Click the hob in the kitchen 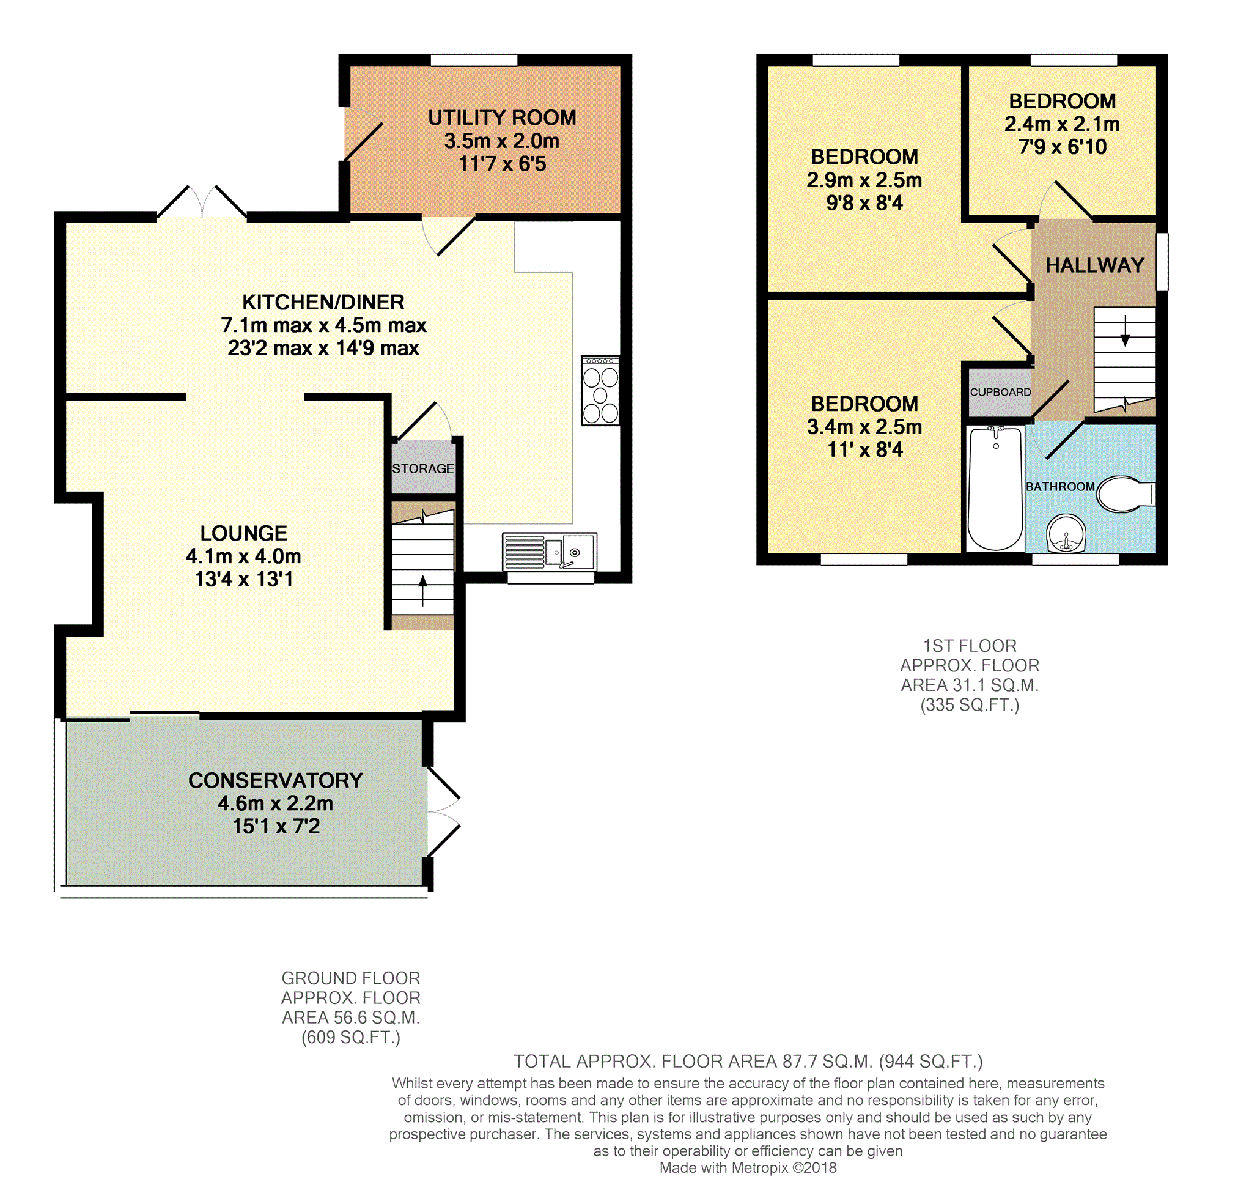600,391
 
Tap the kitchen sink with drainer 550,552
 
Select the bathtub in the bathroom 995,489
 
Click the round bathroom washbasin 1066,533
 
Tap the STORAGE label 422,469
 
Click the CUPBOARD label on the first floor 1000,392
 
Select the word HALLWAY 1095,265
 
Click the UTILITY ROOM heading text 502,118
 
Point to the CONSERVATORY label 276,780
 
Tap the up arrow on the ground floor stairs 422,589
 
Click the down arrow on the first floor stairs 1125,331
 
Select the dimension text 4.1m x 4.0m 244,556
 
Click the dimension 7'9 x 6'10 1062,147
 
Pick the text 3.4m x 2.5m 864,427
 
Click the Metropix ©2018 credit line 748,1167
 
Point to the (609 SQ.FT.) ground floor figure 351,1037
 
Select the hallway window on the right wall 1162,262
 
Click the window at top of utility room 474,60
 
